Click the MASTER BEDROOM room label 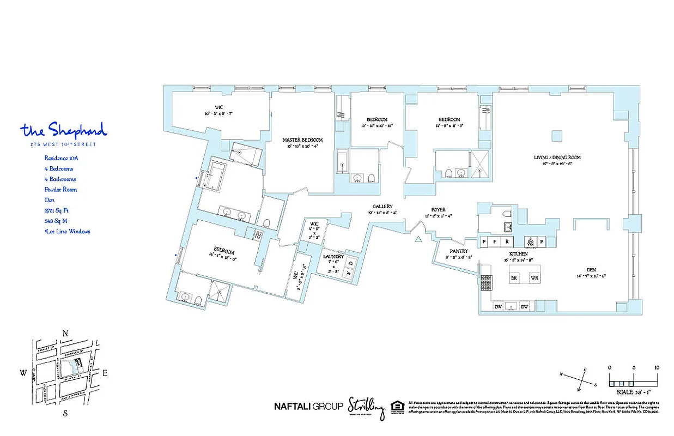pyautogui.click(x=302, y=140)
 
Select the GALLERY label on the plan pyautogui.click(x=383, y=206)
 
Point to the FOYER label pyautogui.click(x=438, y=209)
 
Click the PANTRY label pyautogui.click(x=459, y=251)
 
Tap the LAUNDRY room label pyautogui.click(x=333, y=256)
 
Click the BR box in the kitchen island pyautogui.click(x=513, y=277)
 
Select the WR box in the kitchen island pyautogui.click(x=534, y=277)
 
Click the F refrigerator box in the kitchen pyautogui.click(x=495, y=241)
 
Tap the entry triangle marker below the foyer pyautogui.click(x=418, y=239)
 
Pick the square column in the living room pyautogui.click(x=556, y=135)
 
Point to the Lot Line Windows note pyautogui.click(x=67, y=232)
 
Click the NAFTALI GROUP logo pyautogui.click(x=308, y=405)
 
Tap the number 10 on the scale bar pyautogui.click(x=656, y=368)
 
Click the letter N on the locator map pyautogui.click(x=65, y=334)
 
